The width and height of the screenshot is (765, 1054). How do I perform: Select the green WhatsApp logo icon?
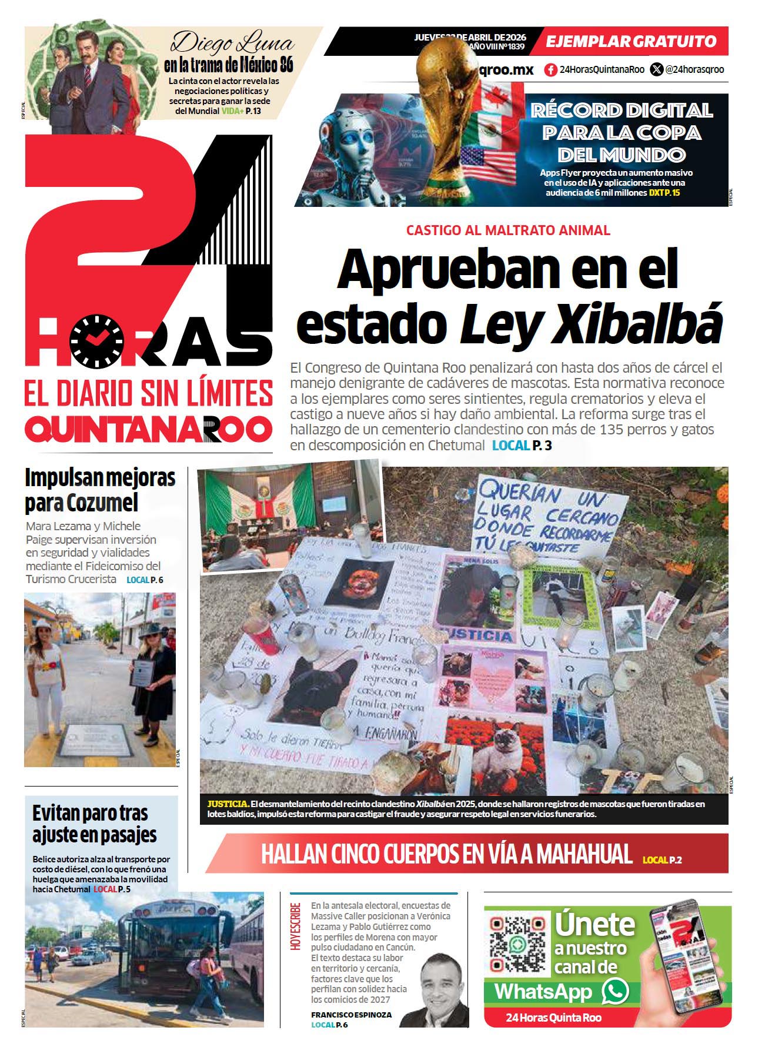tap(615, 992)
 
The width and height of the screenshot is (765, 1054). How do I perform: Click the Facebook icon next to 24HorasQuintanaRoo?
tap(550, 70)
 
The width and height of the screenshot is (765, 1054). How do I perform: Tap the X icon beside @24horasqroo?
tap(656, 70)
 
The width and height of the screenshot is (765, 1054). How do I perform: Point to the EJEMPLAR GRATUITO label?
tap(631, 42)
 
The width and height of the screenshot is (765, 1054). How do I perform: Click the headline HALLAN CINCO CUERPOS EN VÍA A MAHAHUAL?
tap(446, 854)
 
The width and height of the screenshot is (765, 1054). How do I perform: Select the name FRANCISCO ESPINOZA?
tap(351, 1015)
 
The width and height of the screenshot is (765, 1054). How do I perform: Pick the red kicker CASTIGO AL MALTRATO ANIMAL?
tap(508, 230)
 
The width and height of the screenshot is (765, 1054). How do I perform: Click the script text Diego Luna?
tap(232, 43)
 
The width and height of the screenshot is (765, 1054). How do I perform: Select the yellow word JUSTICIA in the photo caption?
tap(228, 804)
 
